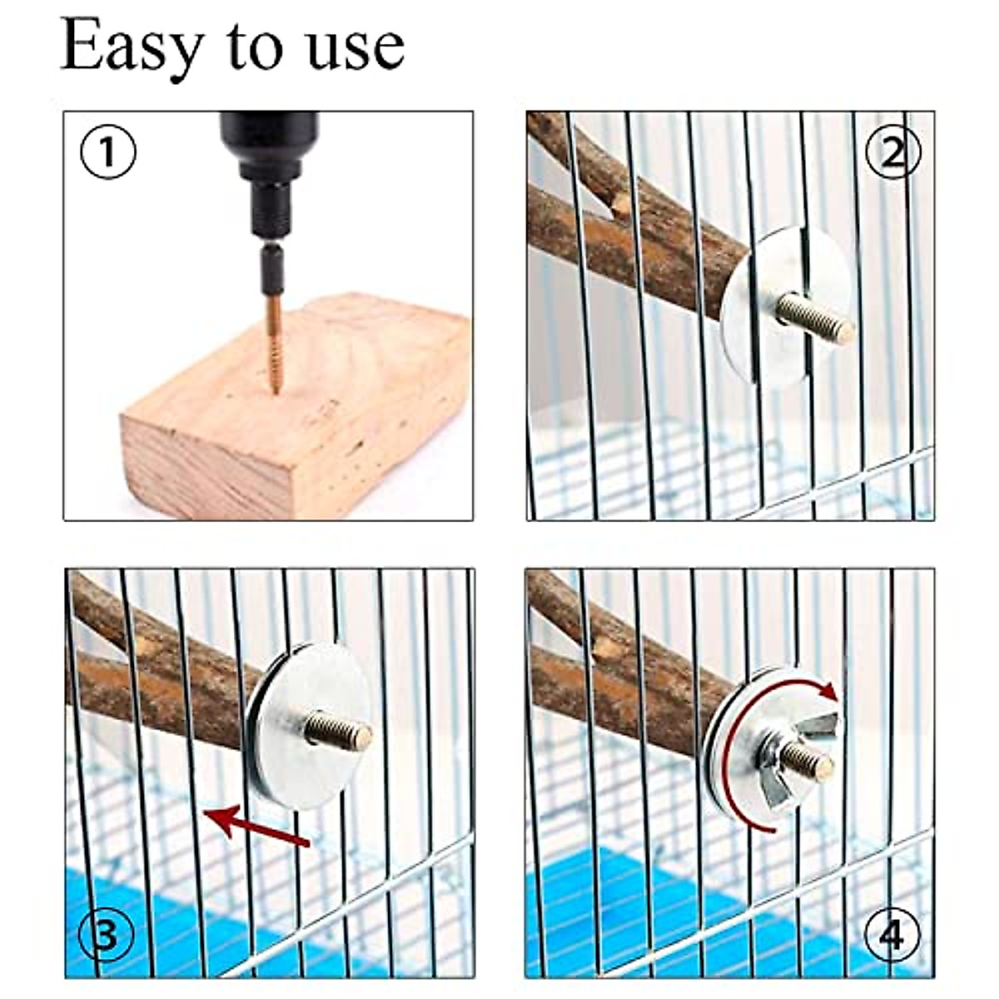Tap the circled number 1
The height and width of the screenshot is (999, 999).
click(x=107, y=152)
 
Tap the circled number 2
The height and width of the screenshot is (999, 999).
click(x=892, y=152)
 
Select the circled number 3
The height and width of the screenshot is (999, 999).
click(x=106, y=936)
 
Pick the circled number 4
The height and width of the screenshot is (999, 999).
click(x=891, y=936)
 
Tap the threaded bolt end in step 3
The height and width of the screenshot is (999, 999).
click(x=338, y=730)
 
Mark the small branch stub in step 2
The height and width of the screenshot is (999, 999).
click(x=620, y=204)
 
